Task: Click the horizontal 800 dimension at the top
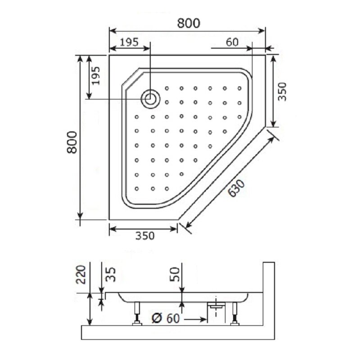[x=189, y=23]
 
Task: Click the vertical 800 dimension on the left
[x=72, y=142]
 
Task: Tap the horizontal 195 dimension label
[x=129, y=42]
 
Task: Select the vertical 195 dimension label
[x=96, y=76]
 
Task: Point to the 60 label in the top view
[x=232, y=42]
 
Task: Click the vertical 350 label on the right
[x=282, y=92]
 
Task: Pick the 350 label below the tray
[x=145, y=236]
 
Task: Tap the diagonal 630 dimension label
[x=237, y=188]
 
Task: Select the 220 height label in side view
[x=81, y=274]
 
